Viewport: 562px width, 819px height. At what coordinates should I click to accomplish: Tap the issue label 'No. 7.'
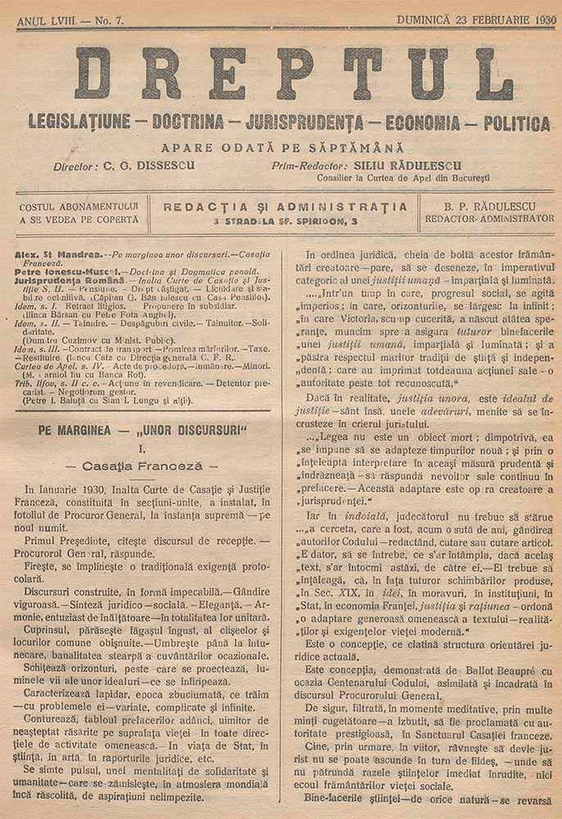[105, 20]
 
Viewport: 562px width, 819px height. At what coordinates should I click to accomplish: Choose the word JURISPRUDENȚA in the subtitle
[305, 124]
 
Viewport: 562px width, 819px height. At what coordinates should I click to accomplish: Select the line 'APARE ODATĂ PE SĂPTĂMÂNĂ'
[283, 148]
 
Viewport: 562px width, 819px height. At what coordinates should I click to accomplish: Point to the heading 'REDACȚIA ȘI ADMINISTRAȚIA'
[285, 206]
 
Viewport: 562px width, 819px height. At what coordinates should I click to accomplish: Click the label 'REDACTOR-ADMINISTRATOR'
[489, 219]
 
